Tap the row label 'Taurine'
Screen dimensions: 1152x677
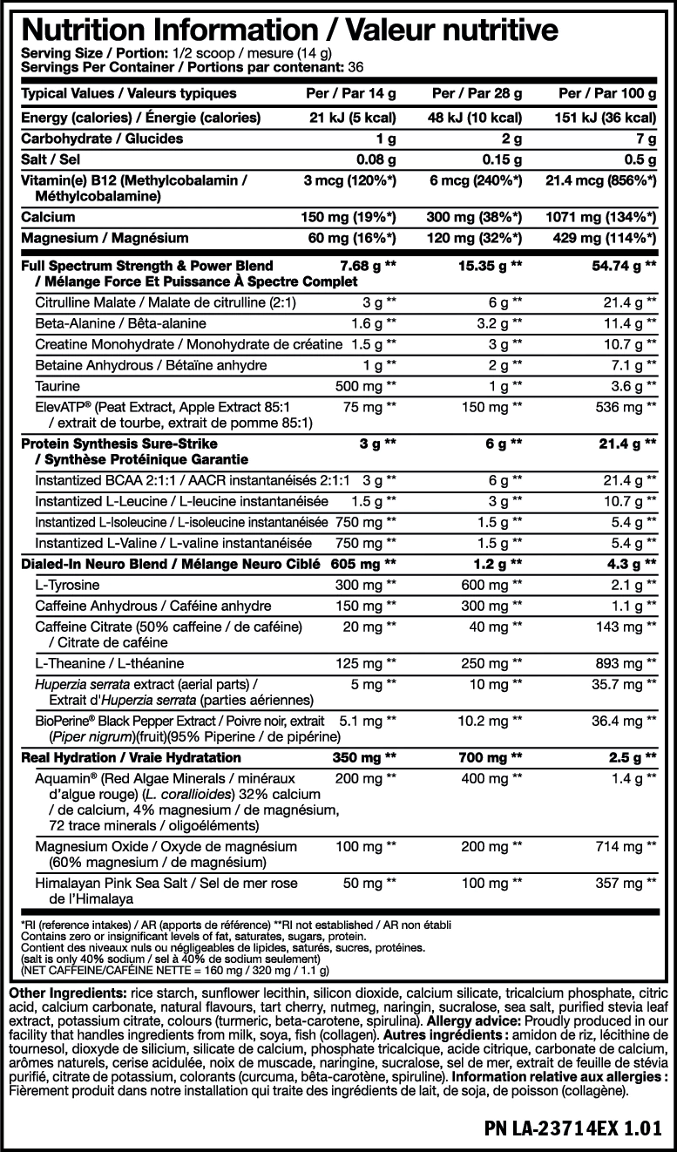[57, 385]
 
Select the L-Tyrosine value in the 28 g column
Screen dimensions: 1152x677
[491, 585]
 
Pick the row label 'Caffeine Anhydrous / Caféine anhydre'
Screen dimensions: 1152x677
[152, 606]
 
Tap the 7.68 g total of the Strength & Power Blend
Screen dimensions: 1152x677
[366, 265]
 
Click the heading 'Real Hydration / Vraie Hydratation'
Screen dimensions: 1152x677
[131, 757]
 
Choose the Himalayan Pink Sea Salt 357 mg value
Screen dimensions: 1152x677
[626, 883]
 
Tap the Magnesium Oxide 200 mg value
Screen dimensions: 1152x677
[491, 846]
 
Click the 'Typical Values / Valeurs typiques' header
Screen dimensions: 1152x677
[128, 93]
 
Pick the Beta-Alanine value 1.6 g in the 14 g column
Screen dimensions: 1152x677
[367, 323]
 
